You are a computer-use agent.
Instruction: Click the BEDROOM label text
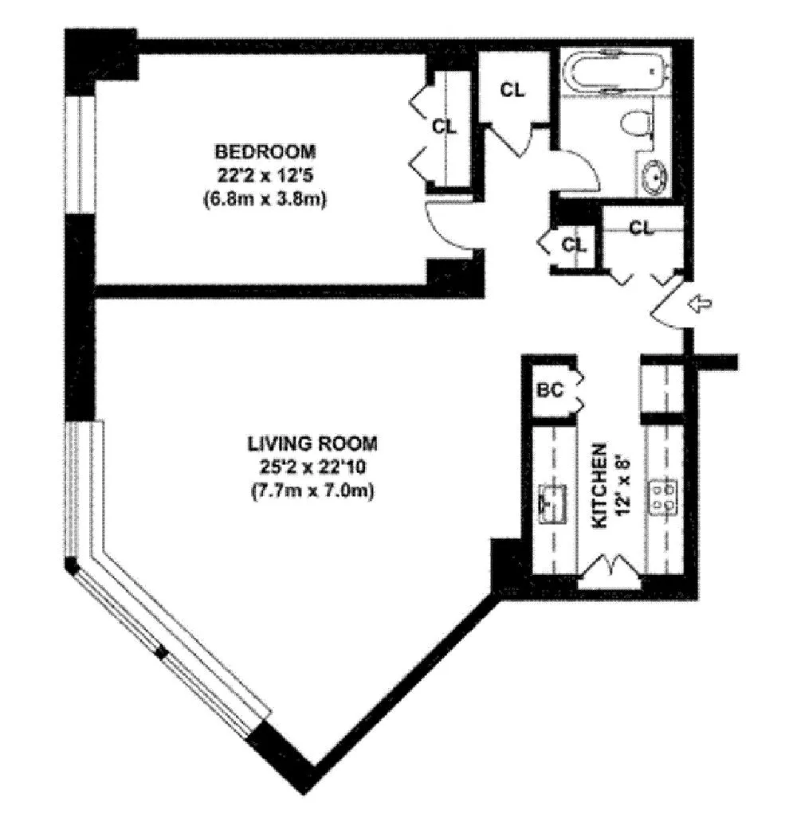265,151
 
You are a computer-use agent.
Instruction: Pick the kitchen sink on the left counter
552,502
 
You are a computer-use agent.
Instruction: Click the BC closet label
550,390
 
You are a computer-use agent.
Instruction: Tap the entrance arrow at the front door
701,303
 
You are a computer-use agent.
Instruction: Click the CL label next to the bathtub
512,90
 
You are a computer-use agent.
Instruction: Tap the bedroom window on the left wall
79,155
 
